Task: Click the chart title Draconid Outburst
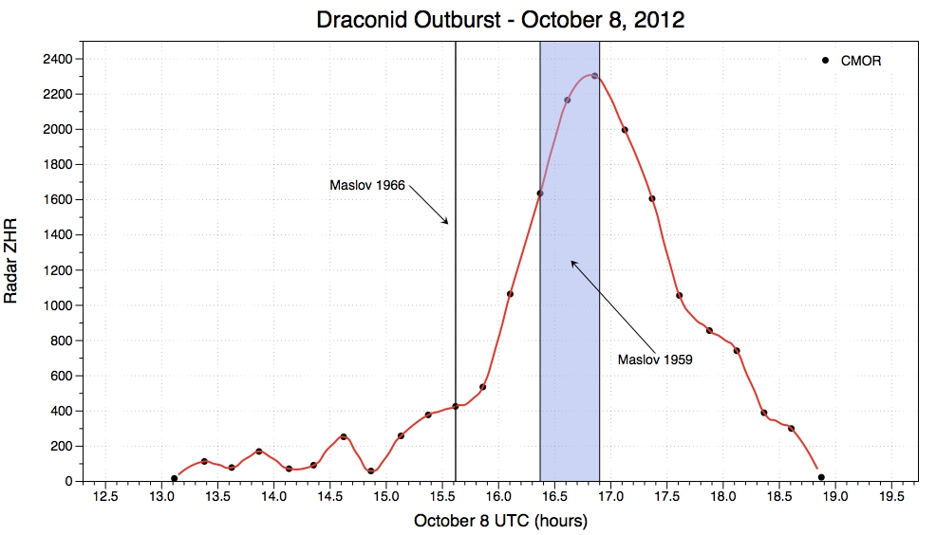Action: coord(500,20)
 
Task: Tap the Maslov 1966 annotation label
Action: coord(366,185)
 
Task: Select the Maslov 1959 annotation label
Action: coord(654,360)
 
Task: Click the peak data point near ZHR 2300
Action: coord(594,76)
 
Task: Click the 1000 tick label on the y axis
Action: coord(56,305)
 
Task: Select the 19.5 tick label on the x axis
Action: coord(891,497)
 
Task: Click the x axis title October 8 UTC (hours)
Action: coord(500,521)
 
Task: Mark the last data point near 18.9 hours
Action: coord(821,477)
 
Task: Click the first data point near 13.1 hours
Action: coord(174,478)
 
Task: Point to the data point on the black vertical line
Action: coord(456,406)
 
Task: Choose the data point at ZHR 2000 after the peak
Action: coord(624,130)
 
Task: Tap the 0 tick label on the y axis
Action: coord(68,481)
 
